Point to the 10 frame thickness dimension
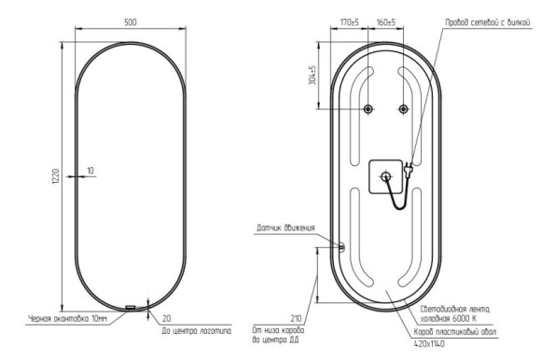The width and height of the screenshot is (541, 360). (x=90, y=170)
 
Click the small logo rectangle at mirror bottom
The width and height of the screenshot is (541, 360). (x=130, y=308)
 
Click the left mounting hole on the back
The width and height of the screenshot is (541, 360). (x=369, y=110)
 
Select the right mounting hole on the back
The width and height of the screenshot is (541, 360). (x=403, y=110)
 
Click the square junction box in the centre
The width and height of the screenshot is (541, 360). (x=384, y=173)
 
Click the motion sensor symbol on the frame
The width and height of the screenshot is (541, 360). (x=341, y=246)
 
